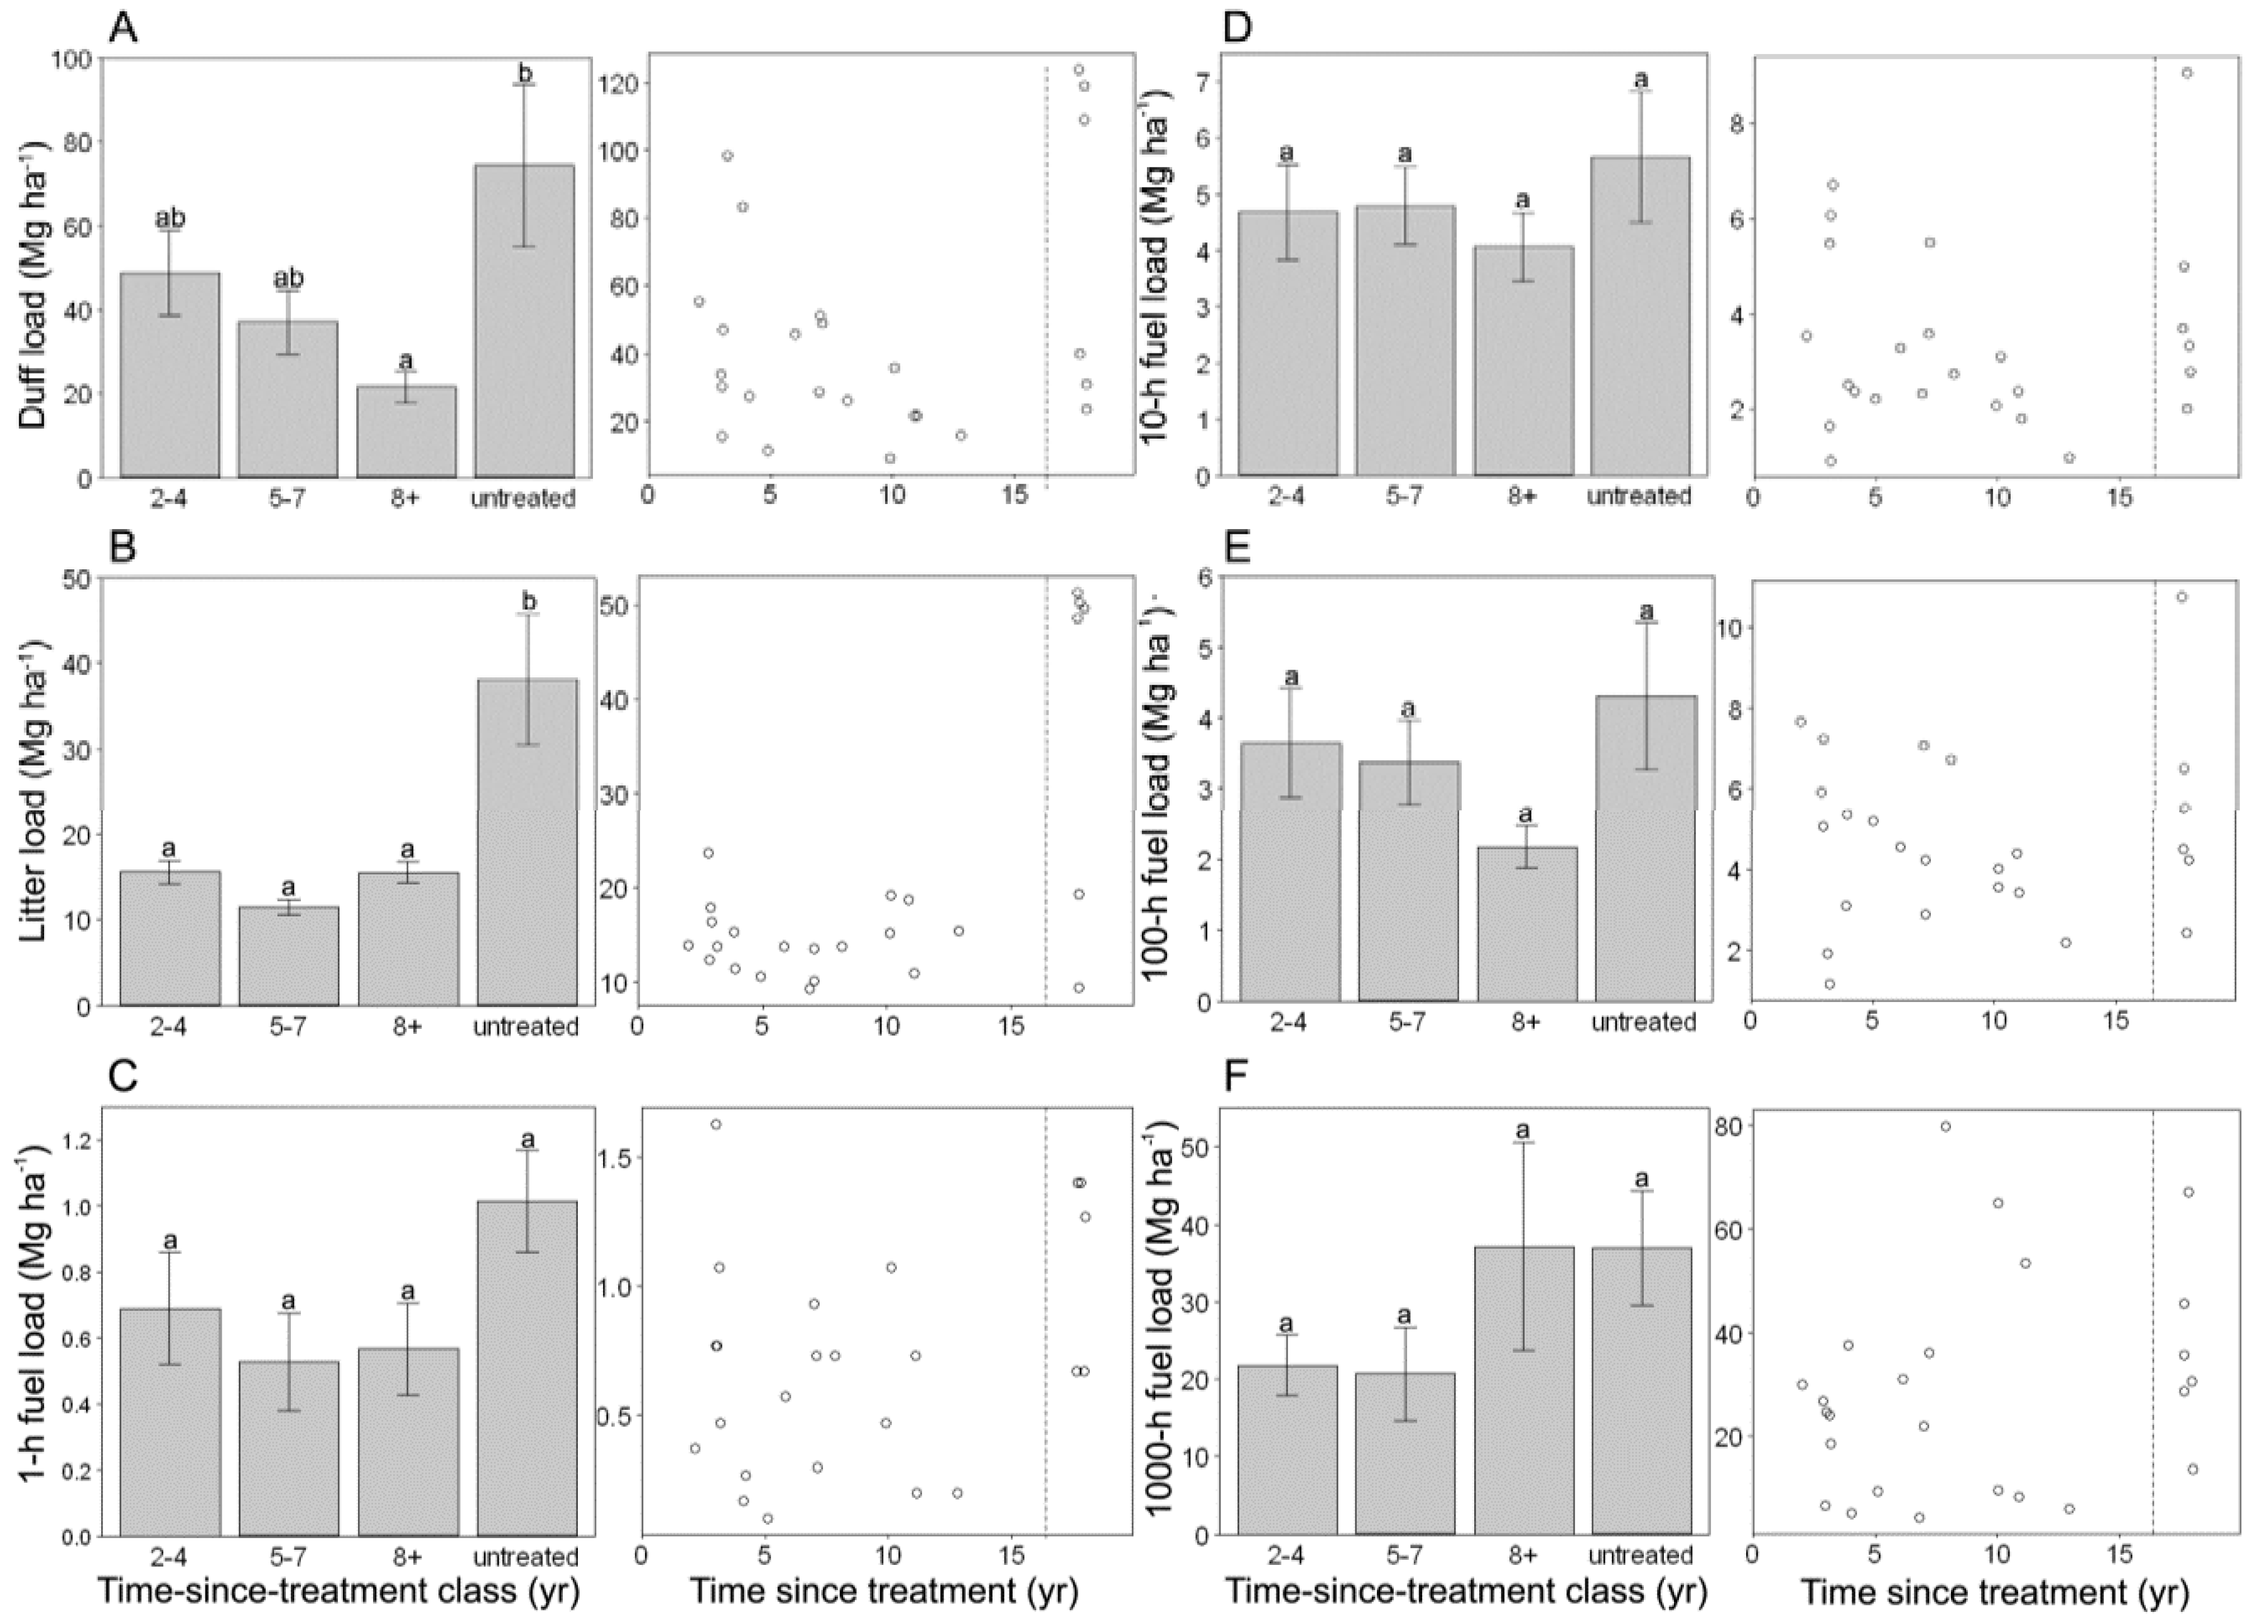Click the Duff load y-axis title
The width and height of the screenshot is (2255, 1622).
coord(32,269)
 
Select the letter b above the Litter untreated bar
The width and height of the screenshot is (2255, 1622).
coord(529,601)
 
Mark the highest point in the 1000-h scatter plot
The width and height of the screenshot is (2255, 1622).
coord(1946,1126)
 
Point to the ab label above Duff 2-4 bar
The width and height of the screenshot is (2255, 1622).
coord(170,218)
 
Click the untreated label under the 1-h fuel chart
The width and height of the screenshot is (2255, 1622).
coord(526,1557)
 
